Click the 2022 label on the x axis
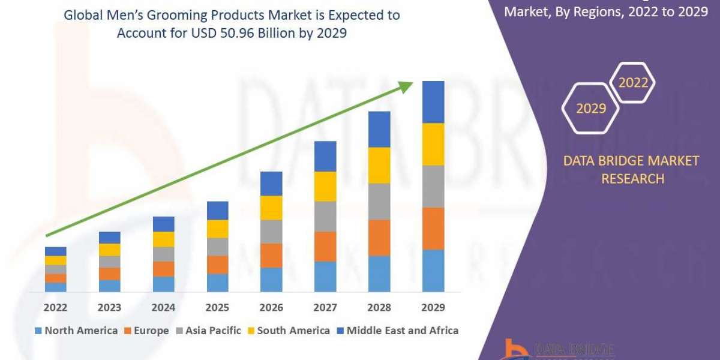point(55,308)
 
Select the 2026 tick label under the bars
point(271,308)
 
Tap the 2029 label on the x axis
point(433,308)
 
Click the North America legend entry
point(76,331)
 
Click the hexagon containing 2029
point(590,109)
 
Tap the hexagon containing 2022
point(633,83)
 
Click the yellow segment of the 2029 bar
point(433,144)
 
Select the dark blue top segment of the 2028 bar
point(379,129)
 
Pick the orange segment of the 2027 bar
point(325,246)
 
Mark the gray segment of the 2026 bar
point(271,231)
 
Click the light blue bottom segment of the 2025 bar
point(217,283)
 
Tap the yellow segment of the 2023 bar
point(109,250)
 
